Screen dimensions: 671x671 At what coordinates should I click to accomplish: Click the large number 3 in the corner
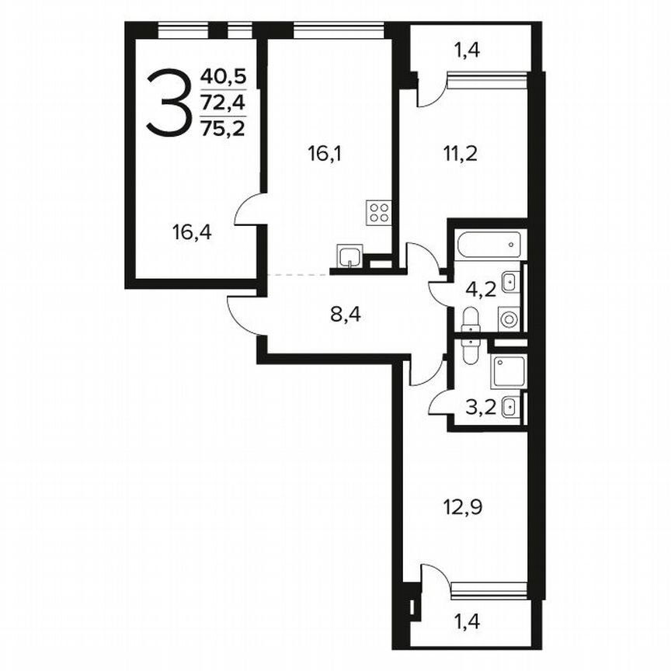(x=168, y=103)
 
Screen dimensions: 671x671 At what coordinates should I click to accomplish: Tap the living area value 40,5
(x=222, y=77)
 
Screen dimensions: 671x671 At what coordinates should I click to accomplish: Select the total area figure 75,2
(x=222, y=128)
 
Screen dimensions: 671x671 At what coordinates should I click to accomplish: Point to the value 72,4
(x=222, y=103)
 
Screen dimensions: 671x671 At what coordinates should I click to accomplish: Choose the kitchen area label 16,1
(x=325, y=153)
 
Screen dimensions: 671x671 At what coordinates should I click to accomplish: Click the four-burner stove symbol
(x=379, y=213)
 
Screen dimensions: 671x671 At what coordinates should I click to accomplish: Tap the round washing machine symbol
(x=509, y=318)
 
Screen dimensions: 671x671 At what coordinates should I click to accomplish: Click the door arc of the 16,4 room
(x=250, y=210)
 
